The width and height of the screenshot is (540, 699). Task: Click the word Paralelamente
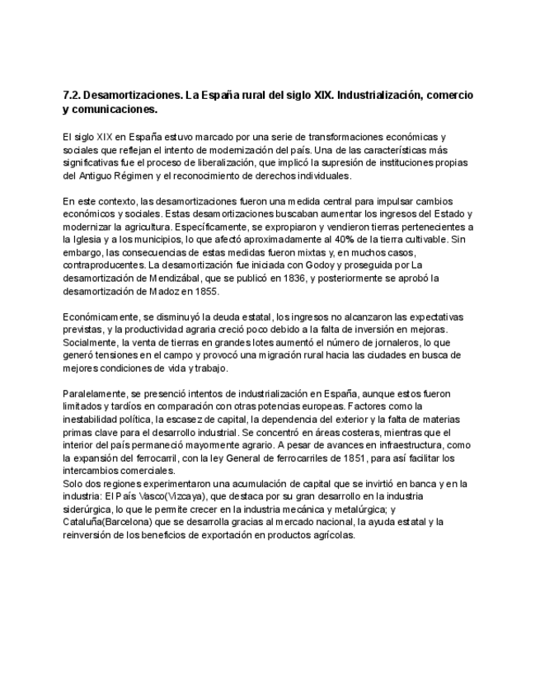(97, 393)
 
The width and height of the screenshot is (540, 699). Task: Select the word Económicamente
(102, 316)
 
